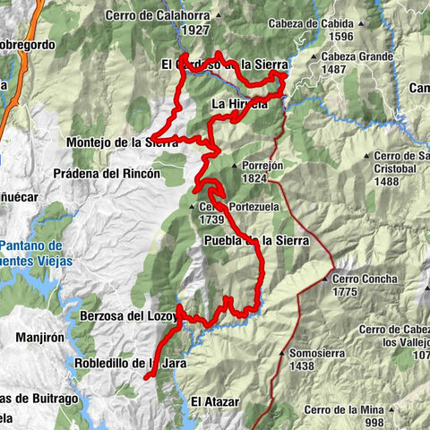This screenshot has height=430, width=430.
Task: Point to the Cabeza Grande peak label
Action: point(356,56)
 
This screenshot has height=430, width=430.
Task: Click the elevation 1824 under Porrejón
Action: point(255,178)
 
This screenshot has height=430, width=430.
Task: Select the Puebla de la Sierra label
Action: point(255,240)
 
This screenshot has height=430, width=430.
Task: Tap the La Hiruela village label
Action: point(239,104)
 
